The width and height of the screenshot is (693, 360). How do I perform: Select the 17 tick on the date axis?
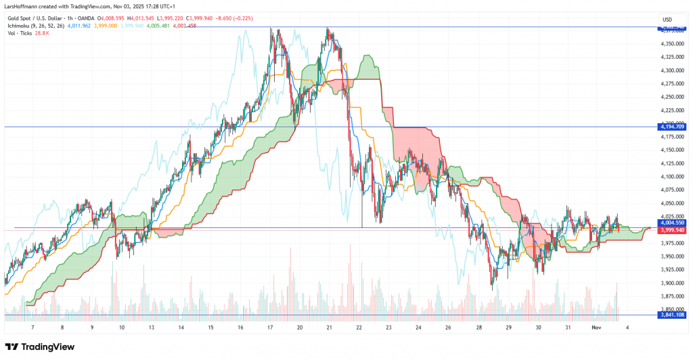(270, 328)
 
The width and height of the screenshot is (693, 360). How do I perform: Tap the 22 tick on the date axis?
(359, 328)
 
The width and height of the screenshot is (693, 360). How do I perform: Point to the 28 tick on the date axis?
(478, 328)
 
